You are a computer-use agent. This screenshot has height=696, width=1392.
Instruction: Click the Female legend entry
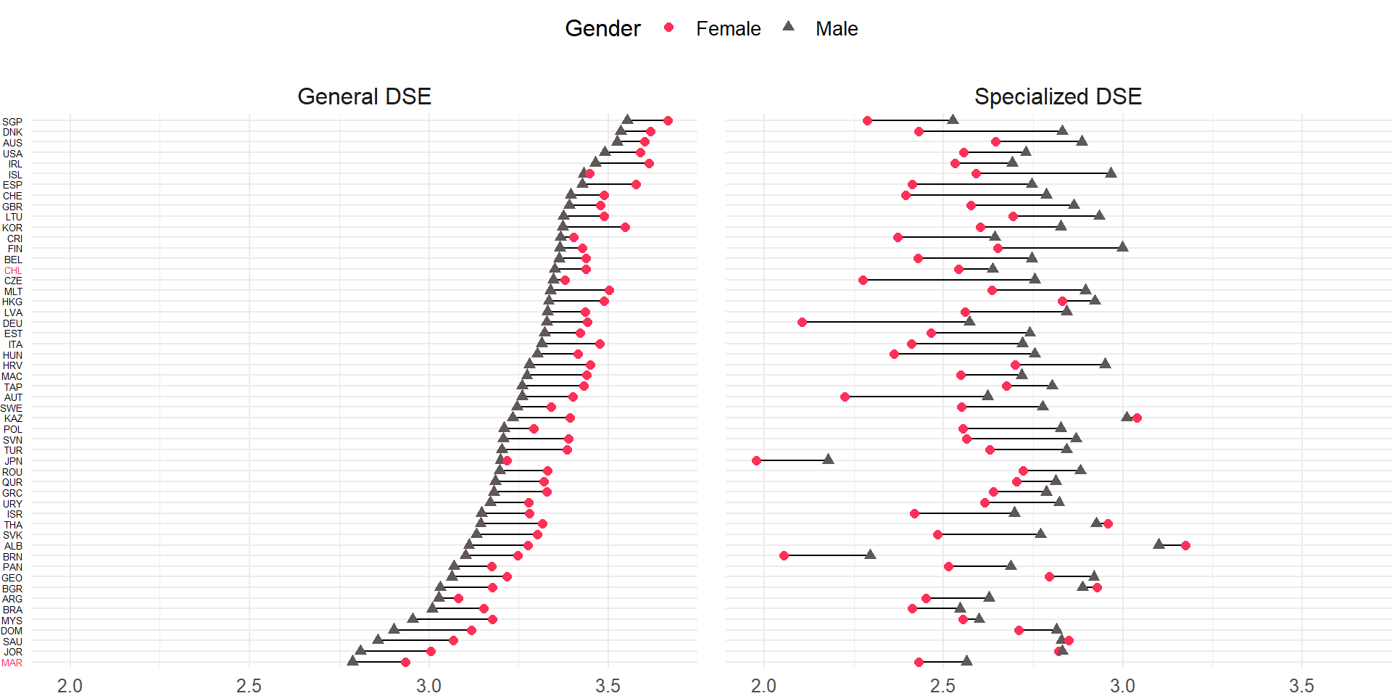(x=727, y=29)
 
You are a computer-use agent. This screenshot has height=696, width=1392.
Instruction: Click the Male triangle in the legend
(x=789, y=27)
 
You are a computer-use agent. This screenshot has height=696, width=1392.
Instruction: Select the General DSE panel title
(x=364, y=96)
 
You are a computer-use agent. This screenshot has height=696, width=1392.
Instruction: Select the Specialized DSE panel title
(x=1058, y=96)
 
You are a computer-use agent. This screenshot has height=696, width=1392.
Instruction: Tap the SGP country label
(x=12, y=122)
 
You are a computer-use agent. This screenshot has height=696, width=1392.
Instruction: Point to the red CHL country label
(x=13, y=270)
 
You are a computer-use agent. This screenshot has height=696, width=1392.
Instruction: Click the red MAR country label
(x=12, y=663)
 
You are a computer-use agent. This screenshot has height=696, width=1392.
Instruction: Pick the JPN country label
(x=13, y=461)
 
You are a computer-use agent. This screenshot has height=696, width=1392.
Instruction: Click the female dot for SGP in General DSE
(x=668, y=120)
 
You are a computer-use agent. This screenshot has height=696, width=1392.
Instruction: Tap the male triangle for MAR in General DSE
(x=352, y=660)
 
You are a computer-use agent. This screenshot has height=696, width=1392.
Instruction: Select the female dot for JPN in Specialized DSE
(x=757, y=460)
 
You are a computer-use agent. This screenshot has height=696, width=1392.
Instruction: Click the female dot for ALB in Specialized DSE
(x=1185, y=545)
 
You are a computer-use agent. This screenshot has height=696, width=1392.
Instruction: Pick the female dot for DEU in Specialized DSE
(x=802, y=322)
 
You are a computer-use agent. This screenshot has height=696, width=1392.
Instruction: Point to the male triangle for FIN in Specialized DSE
(x=1122, y=246)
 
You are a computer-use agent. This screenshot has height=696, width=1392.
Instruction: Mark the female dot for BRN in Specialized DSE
(x=784, y=555)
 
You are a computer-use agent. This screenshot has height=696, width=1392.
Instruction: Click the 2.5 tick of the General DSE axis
(x=249, y=686)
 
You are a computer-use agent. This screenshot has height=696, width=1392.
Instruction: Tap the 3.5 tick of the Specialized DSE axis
(x=1301, y=686)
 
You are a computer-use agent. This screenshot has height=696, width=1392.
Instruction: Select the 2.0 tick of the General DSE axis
(x=70, y=686)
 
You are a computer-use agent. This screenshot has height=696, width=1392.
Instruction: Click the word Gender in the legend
(x=602, y=29)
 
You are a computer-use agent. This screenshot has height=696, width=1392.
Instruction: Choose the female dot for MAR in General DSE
(x=405, y=662)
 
